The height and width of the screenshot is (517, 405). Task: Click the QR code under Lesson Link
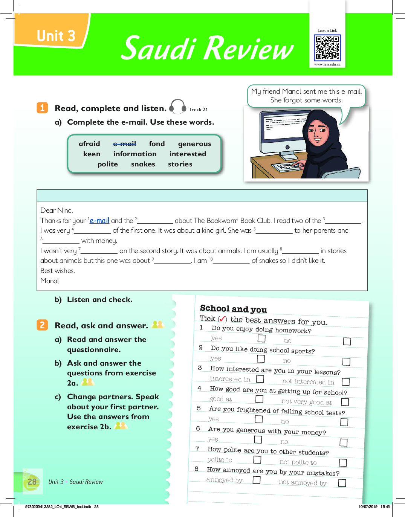click(327, 48)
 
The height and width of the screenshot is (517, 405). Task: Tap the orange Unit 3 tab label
click(56, 36)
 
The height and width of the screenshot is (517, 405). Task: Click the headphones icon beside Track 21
click(177, 107)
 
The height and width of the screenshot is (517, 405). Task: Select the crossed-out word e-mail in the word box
click(125, 144)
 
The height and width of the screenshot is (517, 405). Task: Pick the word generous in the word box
click(194, 144)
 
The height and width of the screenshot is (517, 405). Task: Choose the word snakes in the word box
click(143, 164)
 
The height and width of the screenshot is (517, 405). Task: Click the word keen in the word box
click(92, 154)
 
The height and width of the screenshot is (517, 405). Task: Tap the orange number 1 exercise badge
click(42, 108)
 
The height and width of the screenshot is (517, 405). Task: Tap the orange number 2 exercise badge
click(42, 325)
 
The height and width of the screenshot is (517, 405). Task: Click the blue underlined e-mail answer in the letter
click(99, 221)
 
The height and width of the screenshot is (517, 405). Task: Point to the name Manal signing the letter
click(50, 281)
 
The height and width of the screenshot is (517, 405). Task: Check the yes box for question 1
click(261, 339)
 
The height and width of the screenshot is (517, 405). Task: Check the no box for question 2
click(346, 361)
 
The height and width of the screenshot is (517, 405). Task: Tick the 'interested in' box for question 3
click(260, 379)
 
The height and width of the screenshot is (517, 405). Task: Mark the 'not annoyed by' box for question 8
click(342, 483)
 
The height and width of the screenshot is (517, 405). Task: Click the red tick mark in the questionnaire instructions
click(223, 319)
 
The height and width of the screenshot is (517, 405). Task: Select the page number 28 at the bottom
click(32, 482)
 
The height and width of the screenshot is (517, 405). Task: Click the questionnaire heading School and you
click(233, 309)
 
